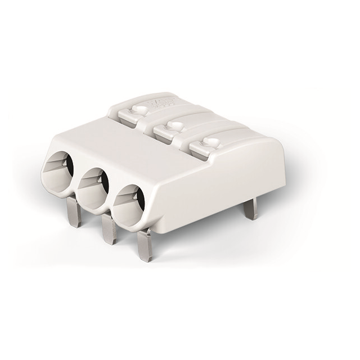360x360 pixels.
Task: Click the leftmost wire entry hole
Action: [61, 170]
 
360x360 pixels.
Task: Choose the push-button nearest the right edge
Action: [209, 147]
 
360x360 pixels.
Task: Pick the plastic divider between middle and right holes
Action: [112, 200]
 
